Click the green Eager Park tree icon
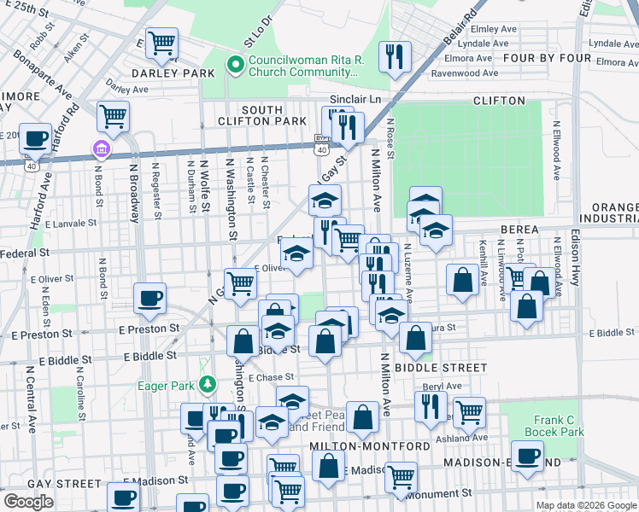point(206,386)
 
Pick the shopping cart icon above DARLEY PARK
point(161,42)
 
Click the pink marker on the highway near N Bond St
point(102,151)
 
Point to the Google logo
point(28,501)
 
